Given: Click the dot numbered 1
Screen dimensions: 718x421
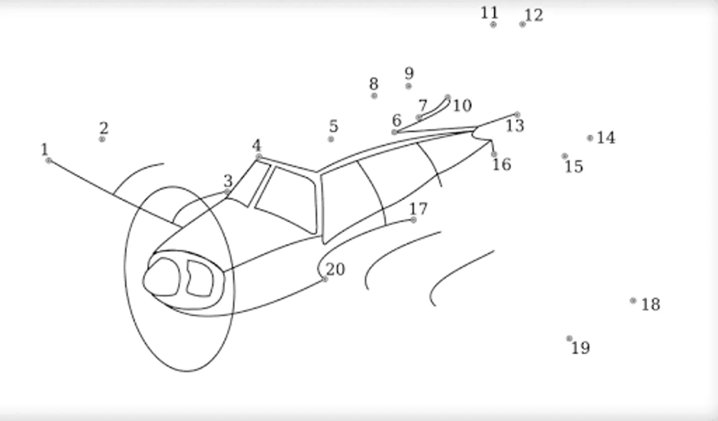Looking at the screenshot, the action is click(x=49, y=160).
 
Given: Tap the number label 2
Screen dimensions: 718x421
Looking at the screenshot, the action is click(x=103, y=128).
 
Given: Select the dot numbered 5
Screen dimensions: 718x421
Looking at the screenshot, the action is click(x=331, y=139).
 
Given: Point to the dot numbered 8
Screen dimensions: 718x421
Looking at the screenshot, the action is click(x=374, y=95).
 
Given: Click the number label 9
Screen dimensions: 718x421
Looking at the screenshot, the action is click(x=409, y=73).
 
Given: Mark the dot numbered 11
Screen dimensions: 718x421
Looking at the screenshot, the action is click(x=493, y=24).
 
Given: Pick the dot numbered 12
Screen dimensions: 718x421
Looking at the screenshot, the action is click(x=522, y=24).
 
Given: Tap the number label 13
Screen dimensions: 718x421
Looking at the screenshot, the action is click(x=515, y=125).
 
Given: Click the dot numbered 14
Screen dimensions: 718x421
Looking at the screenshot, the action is click(x=590, y=138).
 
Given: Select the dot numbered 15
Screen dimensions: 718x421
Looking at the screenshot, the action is click(x=565, y=156).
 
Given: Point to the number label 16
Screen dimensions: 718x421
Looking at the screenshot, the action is click(x=502, y=164).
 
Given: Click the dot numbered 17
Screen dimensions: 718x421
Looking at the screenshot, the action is click(x=414, y=220).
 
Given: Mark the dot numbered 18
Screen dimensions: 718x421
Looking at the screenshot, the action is click(x=633, y=301).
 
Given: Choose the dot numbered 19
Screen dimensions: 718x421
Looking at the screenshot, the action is click(x=569, y=338).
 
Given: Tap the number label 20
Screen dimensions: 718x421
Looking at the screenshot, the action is click(x=335, y=269).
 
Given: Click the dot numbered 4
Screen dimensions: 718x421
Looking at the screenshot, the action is click(x=258, y=157).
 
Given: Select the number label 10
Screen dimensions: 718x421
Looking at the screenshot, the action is click(x=462, y=105).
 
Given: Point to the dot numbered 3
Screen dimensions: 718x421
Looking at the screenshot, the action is click(x=227, y=192).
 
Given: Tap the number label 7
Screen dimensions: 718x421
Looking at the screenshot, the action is click(x=423, y=105).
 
